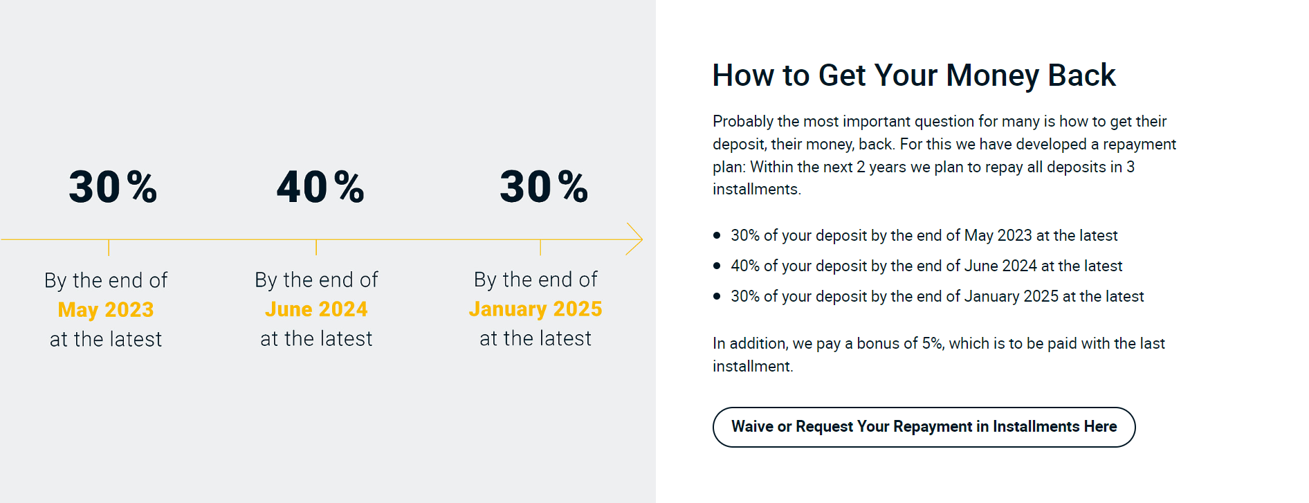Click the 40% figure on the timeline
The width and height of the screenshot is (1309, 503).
coord(320,187)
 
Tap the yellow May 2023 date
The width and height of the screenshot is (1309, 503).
coord(106,309)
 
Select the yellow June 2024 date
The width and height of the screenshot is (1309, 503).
coord(316,309)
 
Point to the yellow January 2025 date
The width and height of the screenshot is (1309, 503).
coord(535,309)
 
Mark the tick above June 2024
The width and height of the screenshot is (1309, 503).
coord(316,248)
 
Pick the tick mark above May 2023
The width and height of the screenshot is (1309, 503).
coord(109,248)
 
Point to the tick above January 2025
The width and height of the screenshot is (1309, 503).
coord(540,248)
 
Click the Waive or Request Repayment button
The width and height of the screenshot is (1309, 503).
coord(924,427)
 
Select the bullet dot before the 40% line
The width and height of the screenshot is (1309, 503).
coord(717,266)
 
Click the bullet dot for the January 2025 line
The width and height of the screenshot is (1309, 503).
coord(717,296)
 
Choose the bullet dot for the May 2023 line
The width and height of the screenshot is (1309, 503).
coord(717,235)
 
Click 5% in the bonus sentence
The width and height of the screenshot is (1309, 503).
coord(932,343)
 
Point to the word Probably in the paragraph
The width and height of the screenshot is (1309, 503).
coord(743,122)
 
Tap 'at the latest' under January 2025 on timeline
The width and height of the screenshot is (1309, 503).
coord(535,338)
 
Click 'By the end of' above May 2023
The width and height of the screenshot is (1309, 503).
coord(106,280)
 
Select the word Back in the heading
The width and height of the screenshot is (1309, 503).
coord(1082,75)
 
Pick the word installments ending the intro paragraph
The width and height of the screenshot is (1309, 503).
coord(757,190)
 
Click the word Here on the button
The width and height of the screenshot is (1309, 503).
coord(1100,426)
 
